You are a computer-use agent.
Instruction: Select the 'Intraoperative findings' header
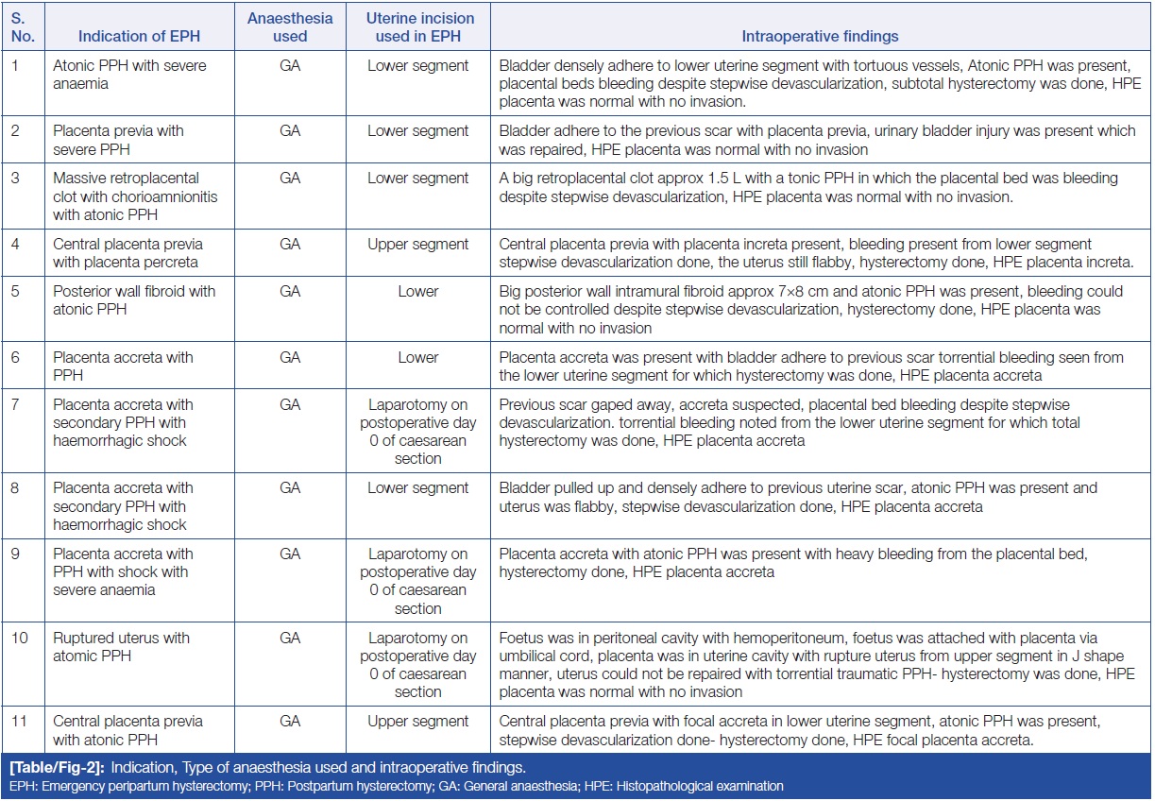click(x=820, y=37)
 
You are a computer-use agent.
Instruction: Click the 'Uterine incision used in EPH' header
click(x=418, y=27)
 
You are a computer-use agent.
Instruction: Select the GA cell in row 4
click(x=290, y=244)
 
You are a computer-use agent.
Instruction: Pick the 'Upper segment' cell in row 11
click(x=418, y=721)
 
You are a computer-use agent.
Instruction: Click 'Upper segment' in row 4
click(x=418, y=244)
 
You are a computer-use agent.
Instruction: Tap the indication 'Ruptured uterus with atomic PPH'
click(x=121, y=646)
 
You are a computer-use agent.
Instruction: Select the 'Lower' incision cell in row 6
click(x=418, y=357)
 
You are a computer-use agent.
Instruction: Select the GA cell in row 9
click(x=290, y=554)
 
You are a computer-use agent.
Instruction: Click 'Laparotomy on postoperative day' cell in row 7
click(x=418, y=413)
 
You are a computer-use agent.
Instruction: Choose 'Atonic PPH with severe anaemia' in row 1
click(x=129, y=74)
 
